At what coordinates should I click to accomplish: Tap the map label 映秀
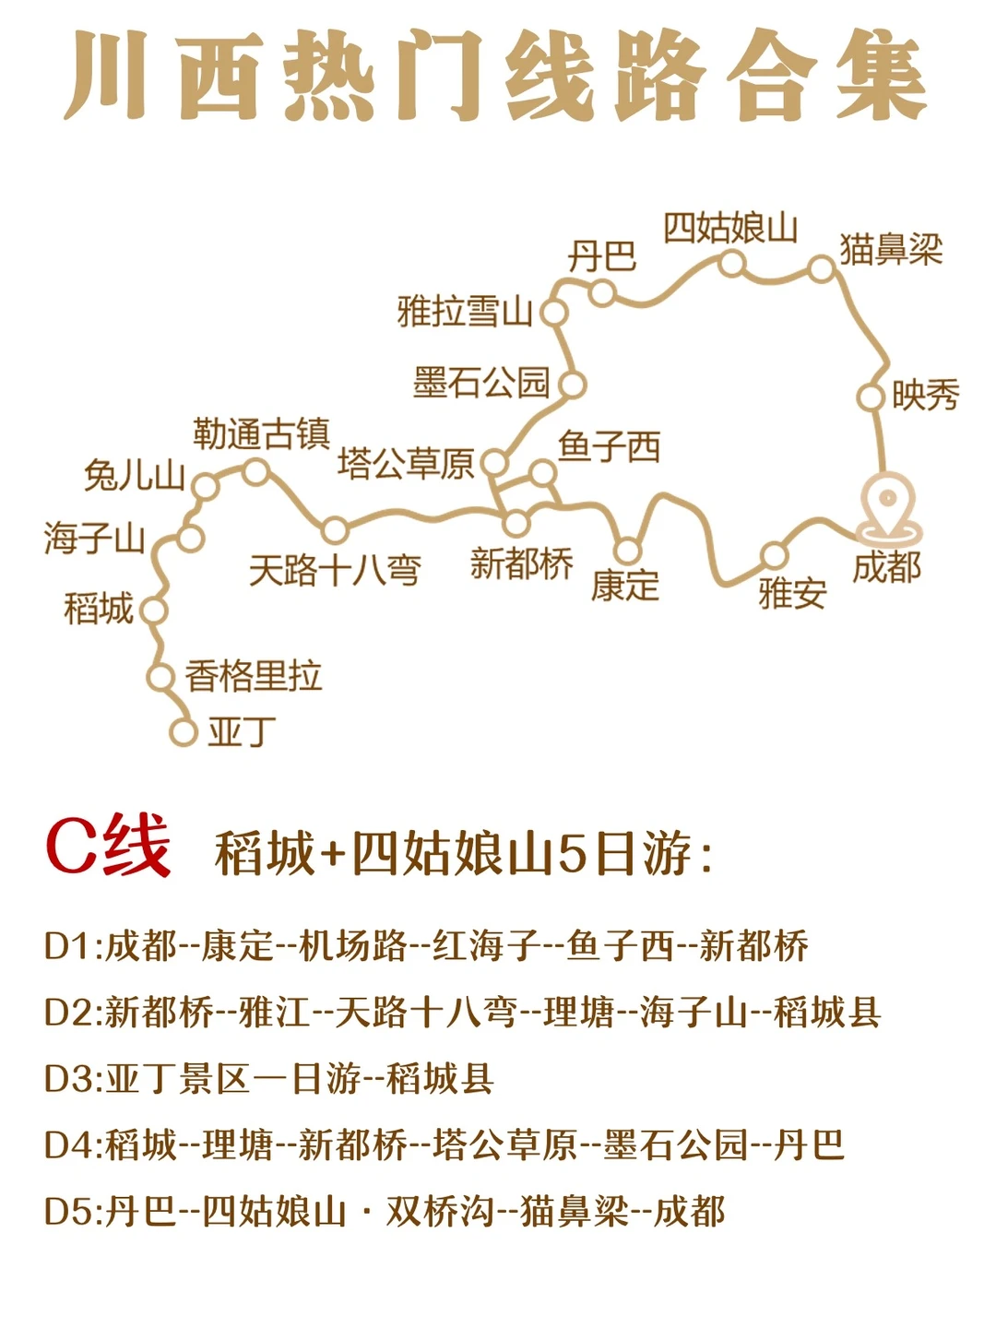pyautogui.click(x=925, y=396)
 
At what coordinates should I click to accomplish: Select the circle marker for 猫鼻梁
pyautogui.click(x=821, y=269)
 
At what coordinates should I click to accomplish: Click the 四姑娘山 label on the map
pyautogui.click(x=730, y=228)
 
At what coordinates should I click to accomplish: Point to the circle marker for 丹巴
pyautogui.click(x=602, y=293)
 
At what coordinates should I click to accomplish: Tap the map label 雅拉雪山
pyautogui.click(x=465, y=312)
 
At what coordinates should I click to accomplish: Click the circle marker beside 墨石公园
pyautogui.click(x=573, y=385)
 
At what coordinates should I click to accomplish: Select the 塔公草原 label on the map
pyautogui.click(x=406, y=463)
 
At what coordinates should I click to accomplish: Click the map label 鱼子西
pyautogui.click(x=610, y=447)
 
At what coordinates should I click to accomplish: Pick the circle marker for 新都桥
pyautogui.click(x=516, y=523)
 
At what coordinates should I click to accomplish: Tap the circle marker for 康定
pyautogui.click(x=627, y=551)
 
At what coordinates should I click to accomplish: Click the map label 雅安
pyautogui.click(x=792, y=592)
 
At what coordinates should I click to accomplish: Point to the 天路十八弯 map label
pyautogui.click(x=335, y=570)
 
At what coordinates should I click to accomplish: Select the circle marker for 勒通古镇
pyautogui.click(x=255, y=473)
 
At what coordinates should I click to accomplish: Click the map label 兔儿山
pyautogui.click(x=135, y=476)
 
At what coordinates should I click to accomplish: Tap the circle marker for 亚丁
pyautogui.click(x=184, y=732)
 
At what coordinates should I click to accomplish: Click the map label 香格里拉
pyautogui.click(x=254, y=676)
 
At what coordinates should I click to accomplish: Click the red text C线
pyautogui.click(x=108, y=846)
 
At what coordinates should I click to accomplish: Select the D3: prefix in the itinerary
pyautogui.click(x=74, y=1079)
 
